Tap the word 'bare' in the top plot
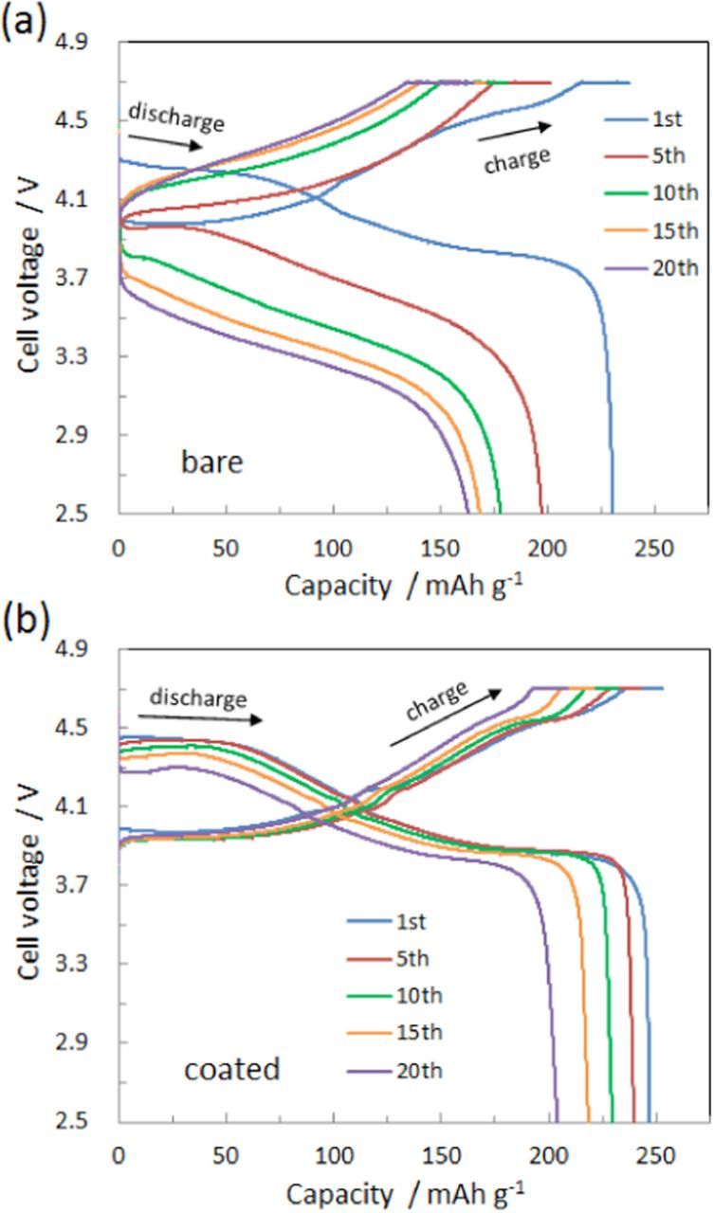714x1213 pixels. click(212, 462)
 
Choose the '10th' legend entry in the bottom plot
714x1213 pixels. click(415, 995)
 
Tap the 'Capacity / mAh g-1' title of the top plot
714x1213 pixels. click(404, 585)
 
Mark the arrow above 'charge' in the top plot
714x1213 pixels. click(531, 125)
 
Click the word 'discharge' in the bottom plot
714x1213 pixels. click(199, 698)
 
